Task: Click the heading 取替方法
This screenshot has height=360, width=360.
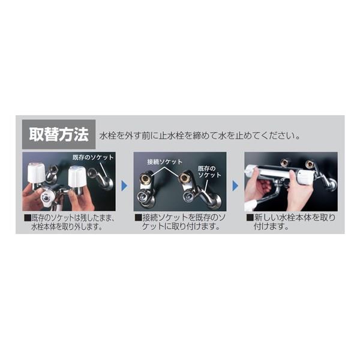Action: [x=59, y=134]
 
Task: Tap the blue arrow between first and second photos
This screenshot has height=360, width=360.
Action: [x=124, y=186]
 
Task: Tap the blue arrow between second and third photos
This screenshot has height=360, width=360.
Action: [x=235, y=186]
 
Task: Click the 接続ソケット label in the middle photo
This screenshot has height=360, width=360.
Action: [x=164, y=161]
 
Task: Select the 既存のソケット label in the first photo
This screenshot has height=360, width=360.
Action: [x=93, y=157]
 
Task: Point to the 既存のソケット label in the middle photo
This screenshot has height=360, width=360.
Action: [x=209, y=172]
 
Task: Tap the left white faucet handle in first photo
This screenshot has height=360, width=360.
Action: [x=36, y=171]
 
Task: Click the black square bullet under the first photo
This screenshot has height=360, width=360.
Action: [x=28, y=218]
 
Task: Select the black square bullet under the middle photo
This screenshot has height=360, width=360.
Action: [x=138, y=218]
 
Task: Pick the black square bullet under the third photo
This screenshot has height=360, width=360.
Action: [x=250, y=217]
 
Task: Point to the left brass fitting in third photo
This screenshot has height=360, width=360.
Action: [x=284, y=163]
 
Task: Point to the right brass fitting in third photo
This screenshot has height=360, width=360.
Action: [x=310, y=164]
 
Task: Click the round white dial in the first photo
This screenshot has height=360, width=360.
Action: [x=45, y=197]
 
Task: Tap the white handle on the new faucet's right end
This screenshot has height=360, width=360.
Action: [x=305, y=177]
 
